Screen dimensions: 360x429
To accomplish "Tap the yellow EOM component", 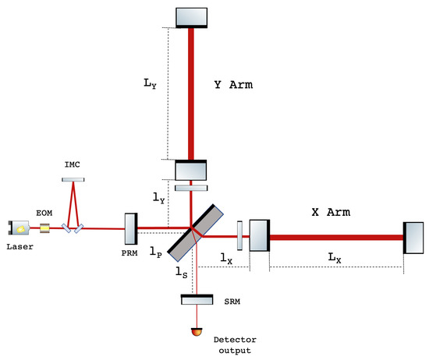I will point(45,228).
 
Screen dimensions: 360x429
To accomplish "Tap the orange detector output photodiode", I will point(195,333).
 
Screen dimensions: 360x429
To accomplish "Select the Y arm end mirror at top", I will point(191,16).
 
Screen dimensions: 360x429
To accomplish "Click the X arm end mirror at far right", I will point(413,238).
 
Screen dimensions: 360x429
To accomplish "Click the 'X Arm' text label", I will point(330,212).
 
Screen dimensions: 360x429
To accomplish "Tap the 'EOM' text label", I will point(44,210).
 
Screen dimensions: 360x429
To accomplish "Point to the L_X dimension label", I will point(335,258).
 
